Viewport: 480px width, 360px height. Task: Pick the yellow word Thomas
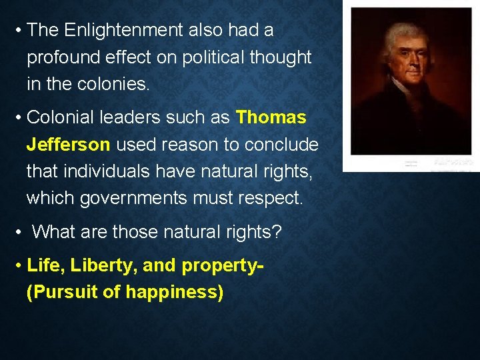(x=271, y=118)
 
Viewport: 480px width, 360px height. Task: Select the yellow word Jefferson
(x=68, y=145)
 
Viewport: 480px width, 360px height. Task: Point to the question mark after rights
(x=277, y=232)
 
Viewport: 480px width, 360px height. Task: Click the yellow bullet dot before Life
(x=18, y=265)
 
